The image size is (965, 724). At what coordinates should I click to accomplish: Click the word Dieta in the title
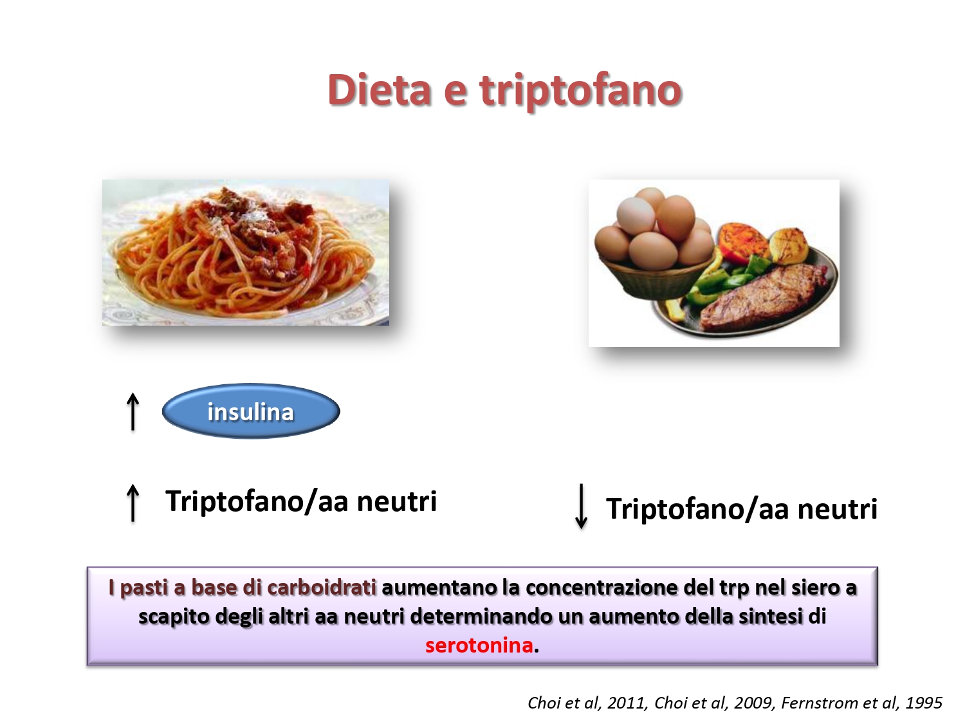(379, 89)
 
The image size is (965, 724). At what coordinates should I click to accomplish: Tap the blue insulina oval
(251, 411)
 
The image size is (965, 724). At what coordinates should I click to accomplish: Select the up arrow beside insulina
(133, 412)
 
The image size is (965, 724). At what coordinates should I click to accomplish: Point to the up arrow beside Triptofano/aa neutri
(133, 503)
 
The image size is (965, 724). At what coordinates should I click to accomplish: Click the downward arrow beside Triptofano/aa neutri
(581, 506)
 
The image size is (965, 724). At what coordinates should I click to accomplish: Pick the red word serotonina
(479, 645)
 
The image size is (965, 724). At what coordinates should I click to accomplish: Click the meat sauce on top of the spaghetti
(246, 220)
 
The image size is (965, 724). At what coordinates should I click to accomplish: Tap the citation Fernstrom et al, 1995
(861, 703)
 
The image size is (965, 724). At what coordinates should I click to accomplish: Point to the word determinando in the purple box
(481, 617)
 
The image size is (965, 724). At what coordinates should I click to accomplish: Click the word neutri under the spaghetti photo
(396, 501)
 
